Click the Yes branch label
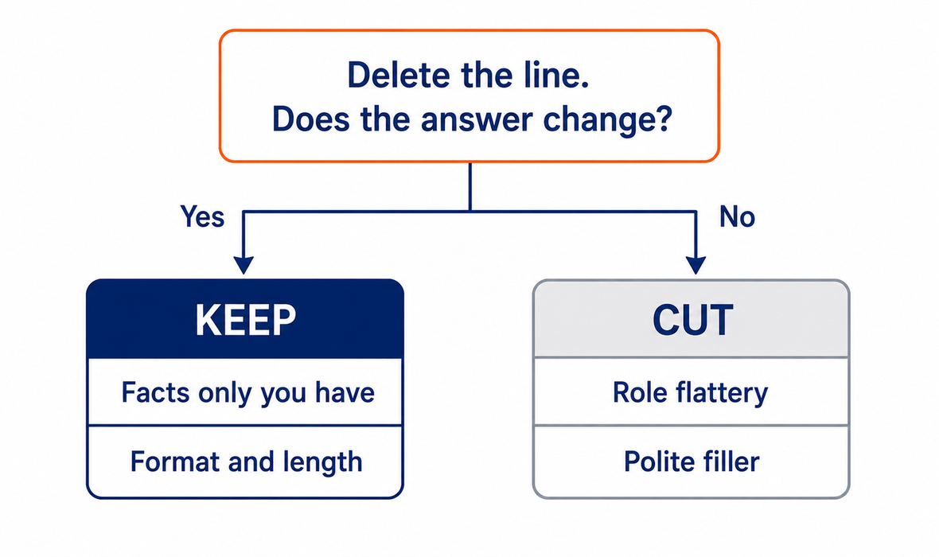point(202,216)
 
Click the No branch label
point(737,216)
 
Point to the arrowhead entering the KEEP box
point(244,265)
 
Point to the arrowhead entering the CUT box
point(695,265)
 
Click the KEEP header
point(245,319)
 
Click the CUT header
point(691,319)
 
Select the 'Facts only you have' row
point(245,392)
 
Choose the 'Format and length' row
point(245,462)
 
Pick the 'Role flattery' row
point(691,392)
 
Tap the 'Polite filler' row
point(691,462)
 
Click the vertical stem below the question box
point(470,186)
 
